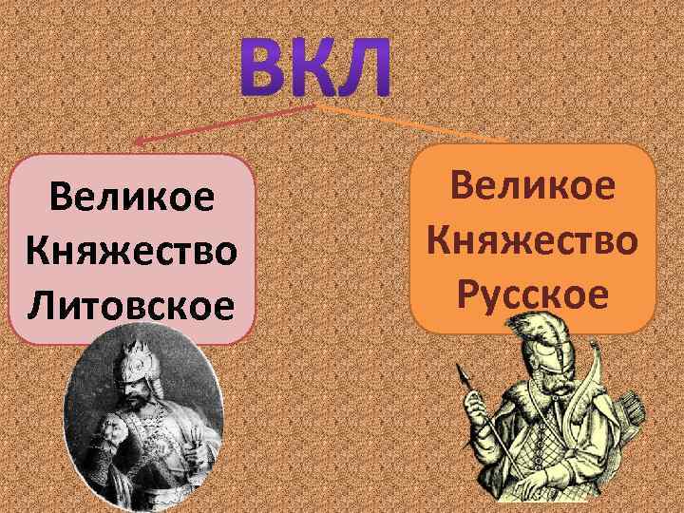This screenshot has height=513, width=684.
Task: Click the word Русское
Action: point(534,295)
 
